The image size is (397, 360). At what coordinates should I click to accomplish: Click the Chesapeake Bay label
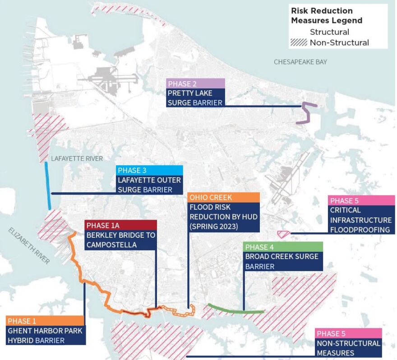(300, 62)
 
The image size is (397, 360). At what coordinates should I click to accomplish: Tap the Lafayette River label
(77, 158)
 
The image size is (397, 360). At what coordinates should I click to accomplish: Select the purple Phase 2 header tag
(195, 83)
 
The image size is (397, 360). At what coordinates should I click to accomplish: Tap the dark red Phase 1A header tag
(120, 225)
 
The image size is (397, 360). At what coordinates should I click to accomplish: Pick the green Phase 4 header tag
(283, 247)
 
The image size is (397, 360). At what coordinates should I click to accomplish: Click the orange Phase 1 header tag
(45, 320)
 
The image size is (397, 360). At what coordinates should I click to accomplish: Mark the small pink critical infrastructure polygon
(283, 234)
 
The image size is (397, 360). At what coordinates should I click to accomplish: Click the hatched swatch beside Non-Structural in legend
(299, 43)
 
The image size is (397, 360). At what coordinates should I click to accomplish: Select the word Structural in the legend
(329, 32)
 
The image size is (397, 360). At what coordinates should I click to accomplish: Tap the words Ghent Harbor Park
(45, 331)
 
